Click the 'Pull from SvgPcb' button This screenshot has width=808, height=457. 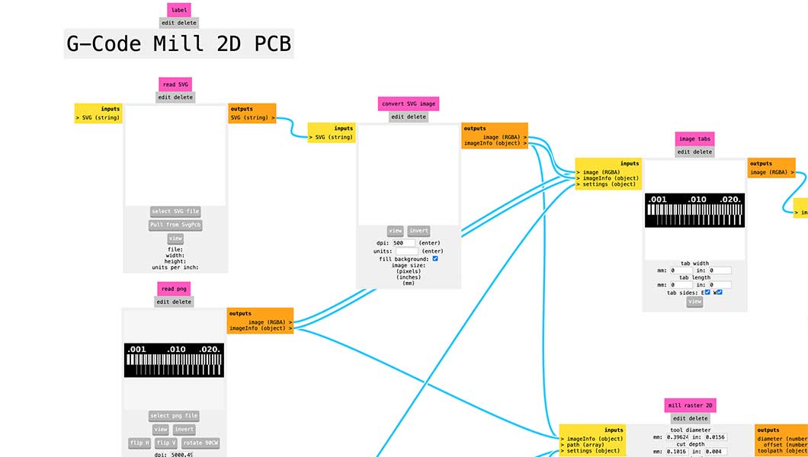pos(175,225)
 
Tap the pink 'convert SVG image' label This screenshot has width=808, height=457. pos(409,104)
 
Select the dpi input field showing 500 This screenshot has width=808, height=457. pos(403,243)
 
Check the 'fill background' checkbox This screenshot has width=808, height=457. pos(435,259)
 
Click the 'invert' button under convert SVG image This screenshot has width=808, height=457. pos(418,231)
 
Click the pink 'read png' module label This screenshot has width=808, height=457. pos(175,289)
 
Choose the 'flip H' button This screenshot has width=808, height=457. pos(139,443)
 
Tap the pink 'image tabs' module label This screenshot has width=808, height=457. pos(694,139)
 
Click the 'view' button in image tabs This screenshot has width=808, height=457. pos(694,302)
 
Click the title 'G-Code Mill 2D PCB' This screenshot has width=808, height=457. pos(178,44)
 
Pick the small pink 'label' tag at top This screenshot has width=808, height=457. pos(179,10)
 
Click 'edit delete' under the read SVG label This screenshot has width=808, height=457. pos(176,97)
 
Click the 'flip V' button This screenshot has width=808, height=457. pos(165,443)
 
